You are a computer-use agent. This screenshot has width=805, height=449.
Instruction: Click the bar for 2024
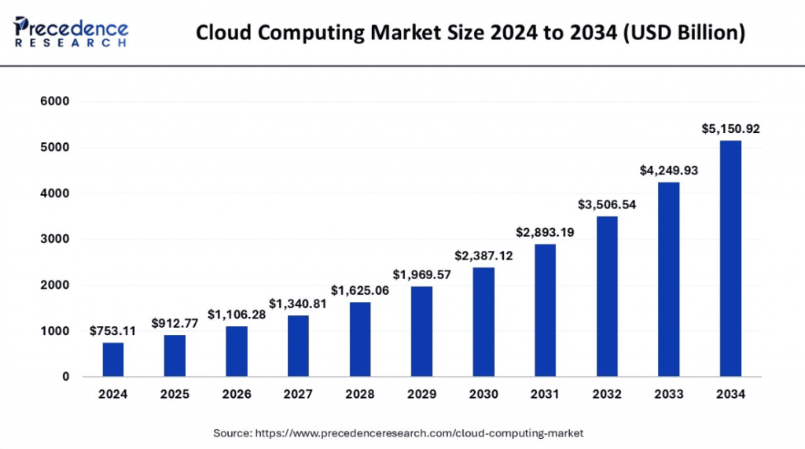tap(112, 359)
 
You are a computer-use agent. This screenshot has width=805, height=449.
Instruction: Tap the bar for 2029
tap(421, 331)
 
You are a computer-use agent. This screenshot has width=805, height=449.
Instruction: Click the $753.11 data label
tap(112, 331)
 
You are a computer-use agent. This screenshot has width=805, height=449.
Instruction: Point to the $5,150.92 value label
tap(730, 129)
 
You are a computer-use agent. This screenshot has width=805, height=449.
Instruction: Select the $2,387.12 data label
tap(483, 256)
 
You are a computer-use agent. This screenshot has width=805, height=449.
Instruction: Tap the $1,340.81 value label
tap(298, 304)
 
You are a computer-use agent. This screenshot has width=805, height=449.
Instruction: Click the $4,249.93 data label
tap(668, 170)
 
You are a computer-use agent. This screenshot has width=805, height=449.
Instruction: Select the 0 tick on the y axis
tap(66, 377)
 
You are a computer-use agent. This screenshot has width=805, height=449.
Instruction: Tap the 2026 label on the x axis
tap(236, 394)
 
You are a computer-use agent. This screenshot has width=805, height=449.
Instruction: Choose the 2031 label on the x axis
tap(545, 394)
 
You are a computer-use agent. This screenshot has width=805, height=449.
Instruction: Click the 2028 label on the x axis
tap(359, 394)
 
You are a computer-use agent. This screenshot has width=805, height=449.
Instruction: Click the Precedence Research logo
tap(72, 31)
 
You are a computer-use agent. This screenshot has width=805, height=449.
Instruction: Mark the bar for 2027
tap(298, 346)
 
